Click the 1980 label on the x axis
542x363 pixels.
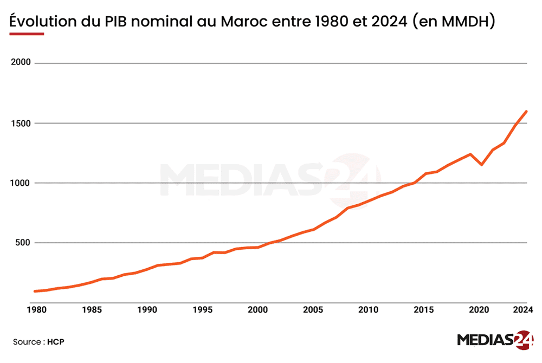[36, 310]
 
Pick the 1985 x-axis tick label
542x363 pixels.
[92, 310]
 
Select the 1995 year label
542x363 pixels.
[202, 310]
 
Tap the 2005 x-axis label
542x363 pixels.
[313, 310]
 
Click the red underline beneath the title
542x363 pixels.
[27, 34]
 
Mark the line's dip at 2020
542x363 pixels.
[481, 164]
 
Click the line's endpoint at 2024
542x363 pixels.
[526, 112]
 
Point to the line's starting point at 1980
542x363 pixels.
[36, 291]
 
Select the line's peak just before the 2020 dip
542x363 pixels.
[470, 154]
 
